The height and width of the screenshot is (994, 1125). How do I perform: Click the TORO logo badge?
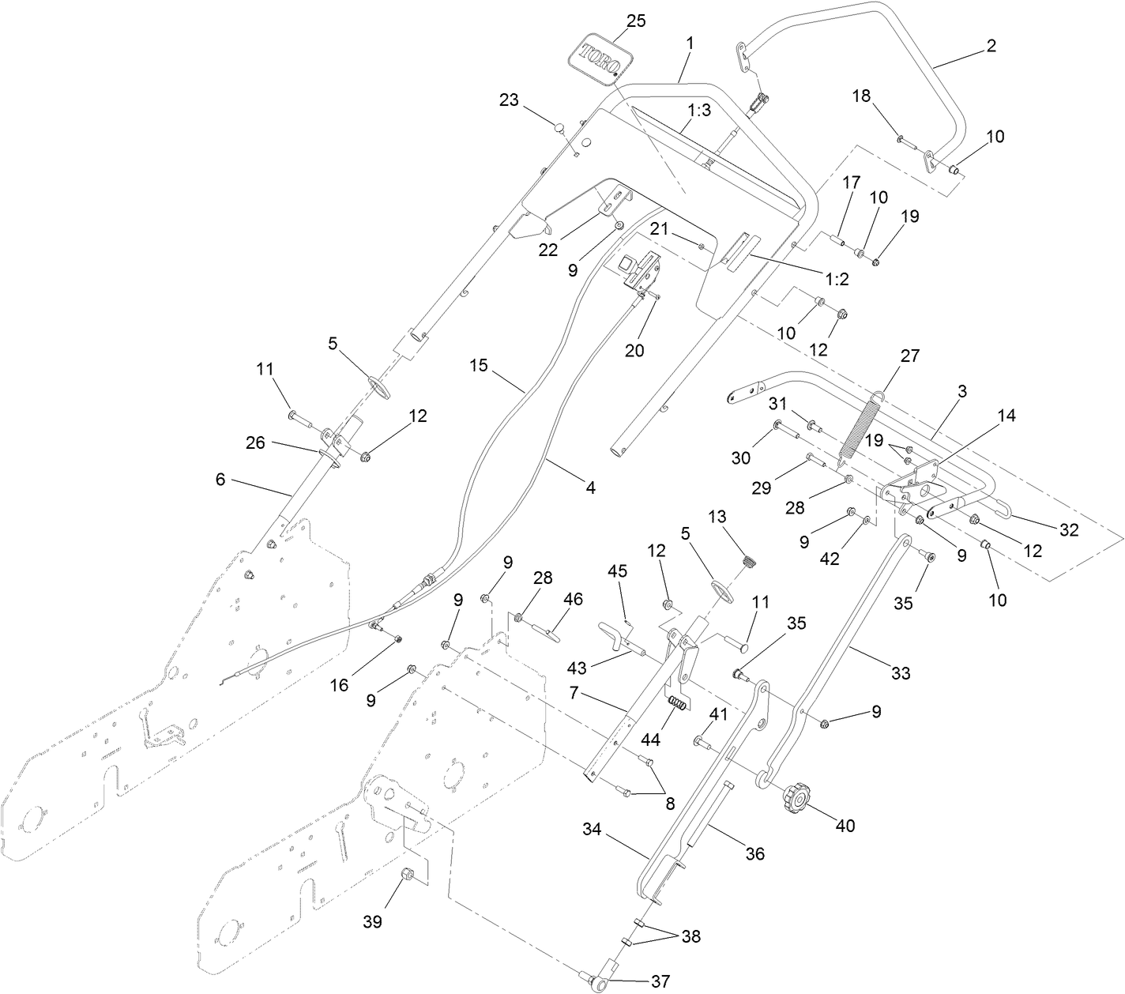[x=601, y=58]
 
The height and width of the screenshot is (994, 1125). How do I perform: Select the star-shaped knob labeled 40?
[x=796, y=800]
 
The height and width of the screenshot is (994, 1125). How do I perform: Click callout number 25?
[x=635, y=21]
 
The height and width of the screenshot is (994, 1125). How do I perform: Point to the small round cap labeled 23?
[x=559, y=126]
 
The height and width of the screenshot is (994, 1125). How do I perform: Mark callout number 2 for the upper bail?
[x=991, y=46]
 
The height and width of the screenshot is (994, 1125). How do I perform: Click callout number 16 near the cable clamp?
[x=339, y=685]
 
